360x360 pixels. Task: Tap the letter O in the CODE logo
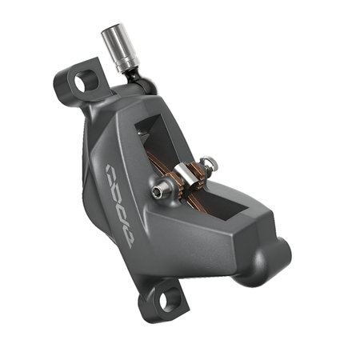click(x=117, y=189)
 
